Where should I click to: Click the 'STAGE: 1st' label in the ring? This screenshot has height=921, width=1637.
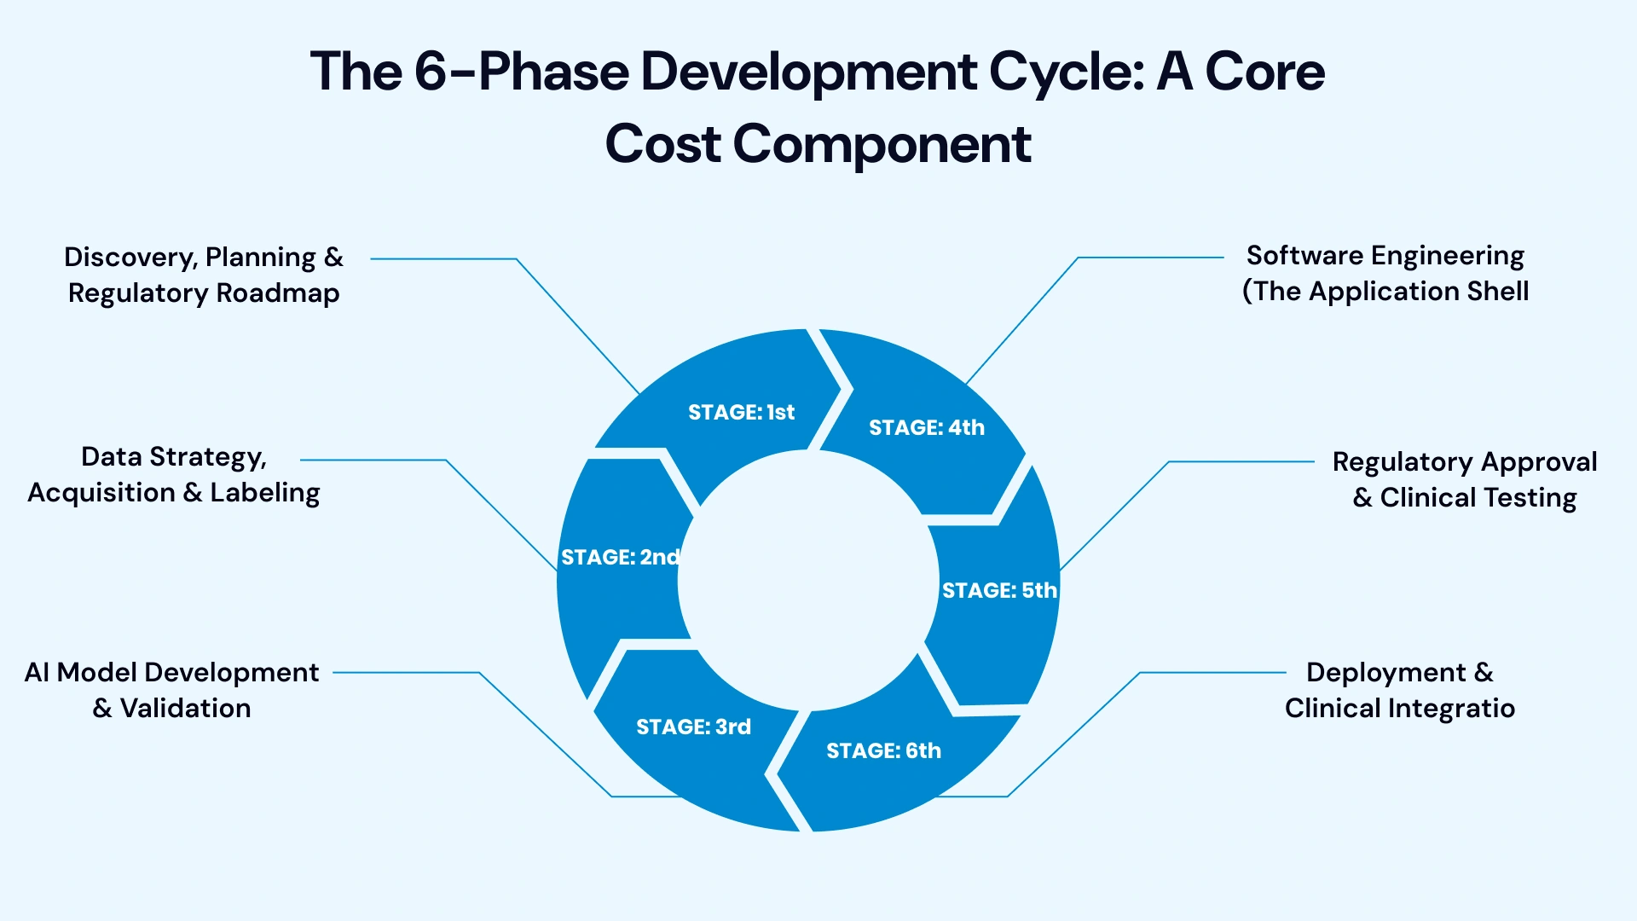(741, 413)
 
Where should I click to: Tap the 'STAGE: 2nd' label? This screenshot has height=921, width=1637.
(620, 558)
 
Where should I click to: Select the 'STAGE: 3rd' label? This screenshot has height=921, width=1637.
(693, 727)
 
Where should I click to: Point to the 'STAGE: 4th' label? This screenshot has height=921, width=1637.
(926, 428)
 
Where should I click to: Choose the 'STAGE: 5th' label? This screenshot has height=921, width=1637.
(998, 590)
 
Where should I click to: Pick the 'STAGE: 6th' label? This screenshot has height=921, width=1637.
(883, 751)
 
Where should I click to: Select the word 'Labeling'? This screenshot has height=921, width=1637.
(265, 493)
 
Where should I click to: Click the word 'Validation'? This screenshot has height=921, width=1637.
(185, 709)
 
